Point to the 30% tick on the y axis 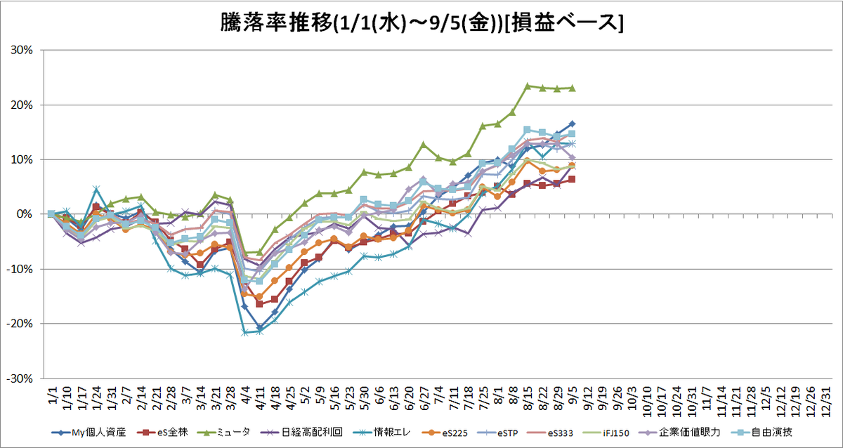(22, 50)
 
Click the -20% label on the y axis (20, 324)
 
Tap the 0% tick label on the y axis (25, 214)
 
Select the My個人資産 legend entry (89, 433)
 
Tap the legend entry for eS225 (445, 433)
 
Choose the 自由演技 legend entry (762, 433)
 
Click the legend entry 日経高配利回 (301, 433)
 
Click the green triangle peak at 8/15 (528, 86)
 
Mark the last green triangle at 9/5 (573, 88)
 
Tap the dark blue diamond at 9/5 (573, 124)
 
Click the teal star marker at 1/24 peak (96, 188)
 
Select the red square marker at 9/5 (572, 180)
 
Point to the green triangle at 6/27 (424, 145)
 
